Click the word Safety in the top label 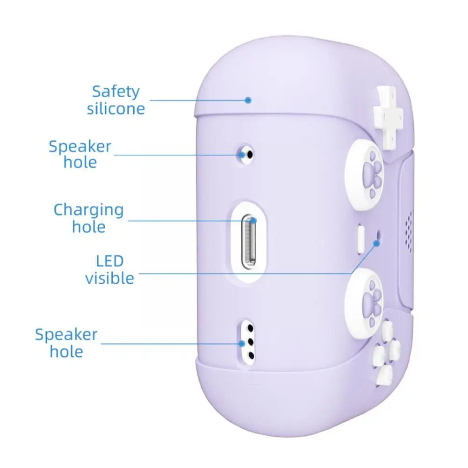[115, 92]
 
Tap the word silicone [115, 109]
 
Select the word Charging [88, 210]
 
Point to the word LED [110, 260]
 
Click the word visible [109, 278]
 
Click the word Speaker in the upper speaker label [80, 147]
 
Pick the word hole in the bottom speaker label [66, 352]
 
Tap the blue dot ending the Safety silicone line [248, 100]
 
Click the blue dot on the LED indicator [377, 242]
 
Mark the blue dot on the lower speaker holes [242, 344]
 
